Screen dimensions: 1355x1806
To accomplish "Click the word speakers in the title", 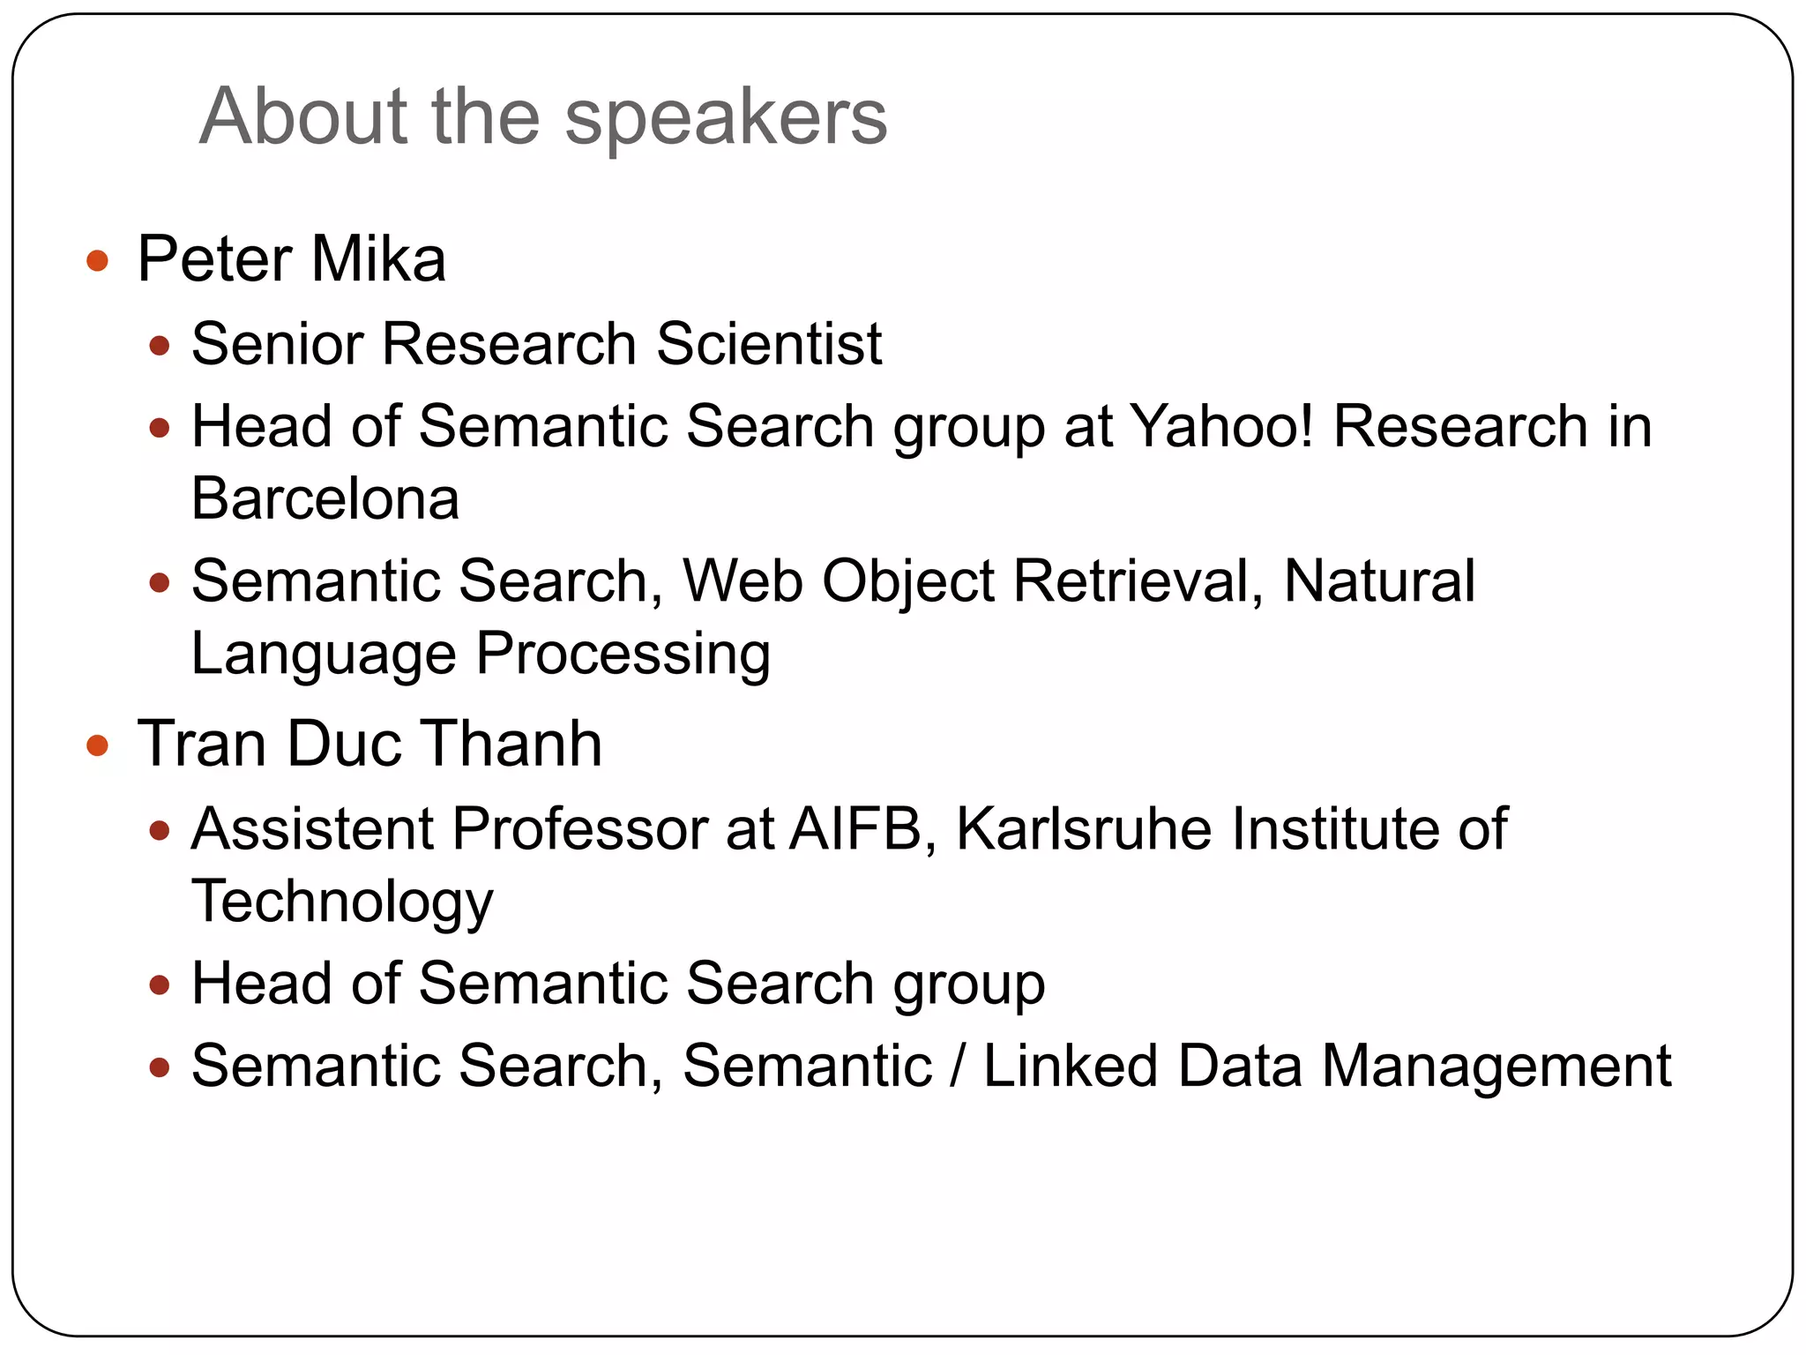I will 725,119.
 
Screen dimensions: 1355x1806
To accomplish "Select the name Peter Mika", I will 291,259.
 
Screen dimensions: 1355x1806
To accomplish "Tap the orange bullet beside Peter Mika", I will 98,261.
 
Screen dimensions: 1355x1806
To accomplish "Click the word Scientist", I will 768,343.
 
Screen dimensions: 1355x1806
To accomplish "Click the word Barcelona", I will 325,499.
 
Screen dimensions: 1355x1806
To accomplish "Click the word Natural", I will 1379,581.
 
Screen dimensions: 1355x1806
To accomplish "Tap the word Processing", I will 623,655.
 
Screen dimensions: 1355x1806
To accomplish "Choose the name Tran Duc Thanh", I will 369,744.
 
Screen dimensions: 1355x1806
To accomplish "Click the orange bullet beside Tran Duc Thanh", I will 98,746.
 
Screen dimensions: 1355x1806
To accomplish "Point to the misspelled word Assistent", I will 312,829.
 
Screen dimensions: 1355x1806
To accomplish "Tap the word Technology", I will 342,902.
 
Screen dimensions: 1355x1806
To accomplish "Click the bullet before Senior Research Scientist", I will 160,346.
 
